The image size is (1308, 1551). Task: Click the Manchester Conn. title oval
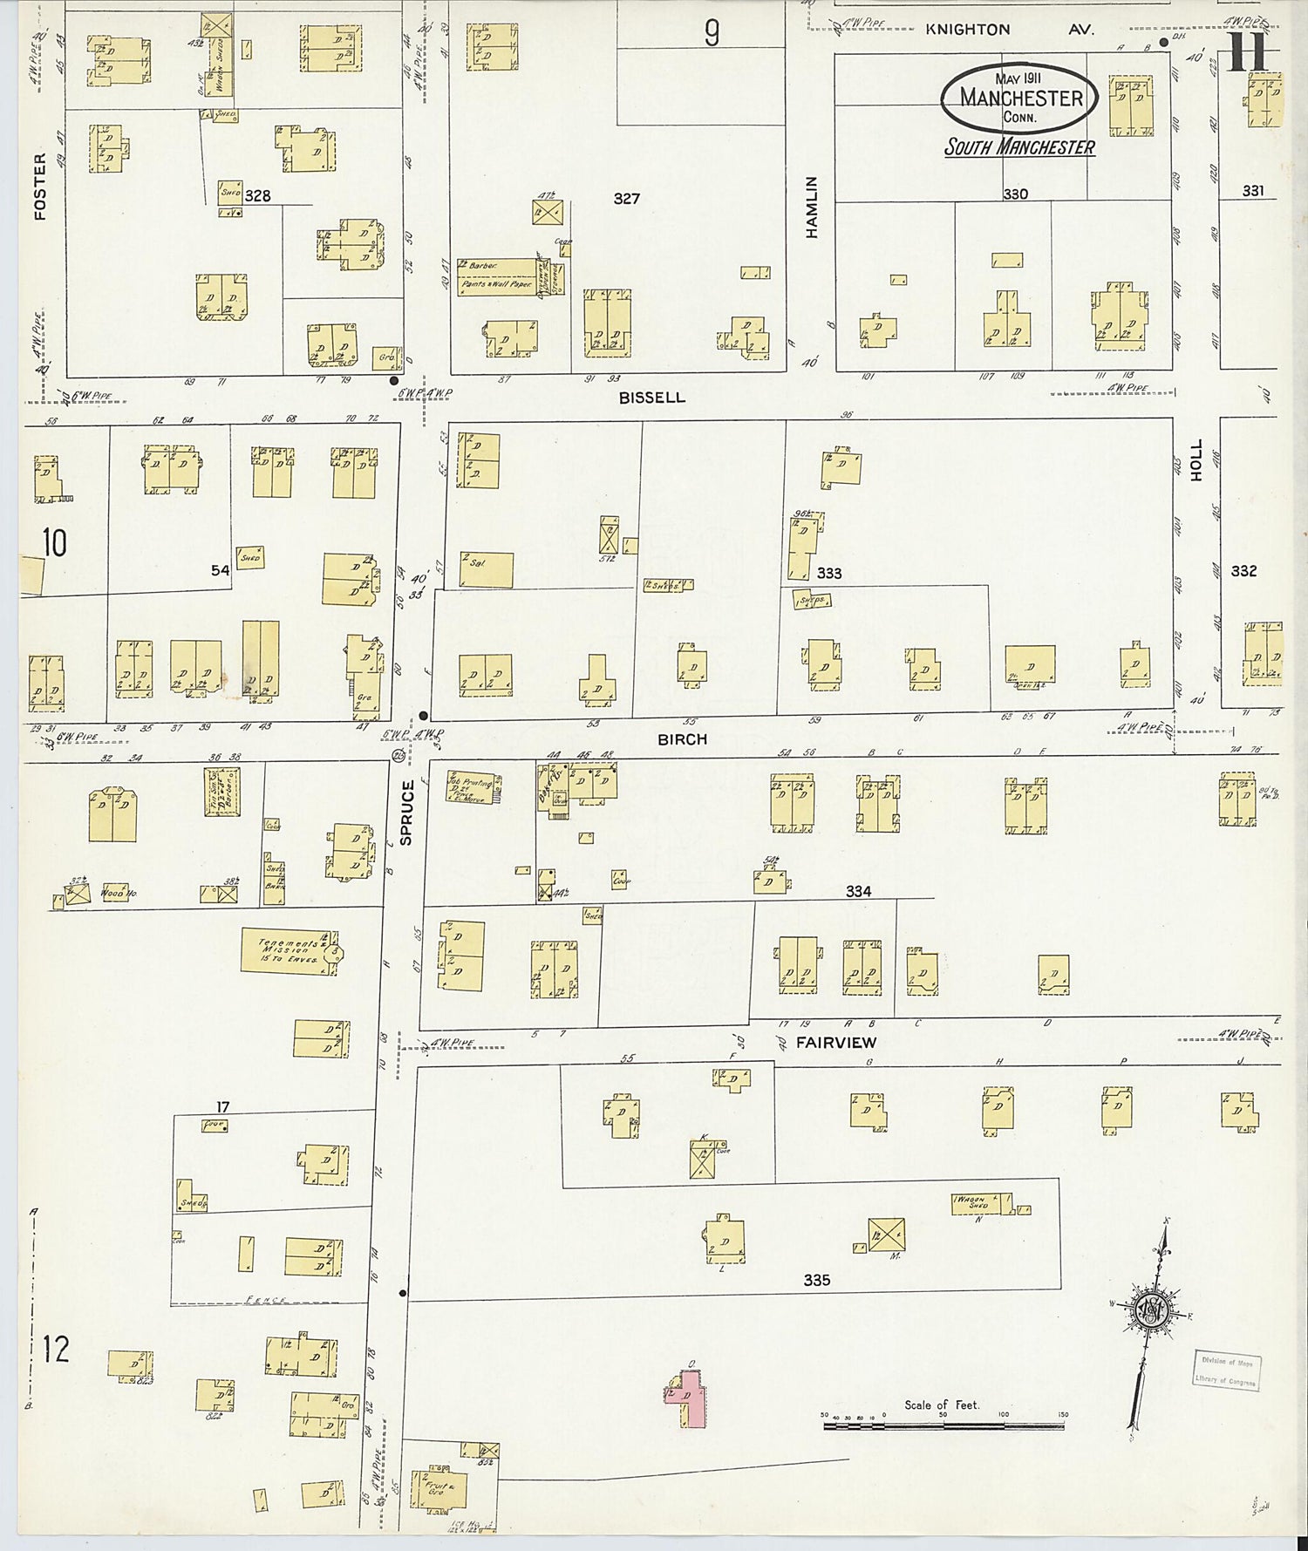(x=1018, y=98)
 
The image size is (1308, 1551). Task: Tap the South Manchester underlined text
(x=1019, y=146)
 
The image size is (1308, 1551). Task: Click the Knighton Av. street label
(x=1008, y=30)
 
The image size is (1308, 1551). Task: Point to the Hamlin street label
(x=812, y=207)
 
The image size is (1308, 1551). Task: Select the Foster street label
(x=40, y=186)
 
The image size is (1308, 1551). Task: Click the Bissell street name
(x=652, y=398)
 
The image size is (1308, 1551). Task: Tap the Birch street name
(x=682, y=739)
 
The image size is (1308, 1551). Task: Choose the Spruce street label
(x=406, y=812)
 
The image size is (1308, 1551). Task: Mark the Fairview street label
(x=835, y=1042)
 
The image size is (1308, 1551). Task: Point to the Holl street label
(x=1196, y=459)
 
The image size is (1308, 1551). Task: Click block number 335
(x=816, y=1280)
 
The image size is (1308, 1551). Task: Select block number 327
(x=626, y=199)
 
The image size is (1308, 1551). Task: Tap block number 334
(x=858, y=891)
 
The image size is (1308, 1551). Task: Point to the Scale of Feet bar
(x=944, y=1426)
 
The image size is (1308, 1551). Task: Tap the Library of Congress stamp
(x=1226, y=1371)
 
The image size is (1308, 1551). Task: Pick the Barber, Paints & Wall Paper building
(x=497, y=276)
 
